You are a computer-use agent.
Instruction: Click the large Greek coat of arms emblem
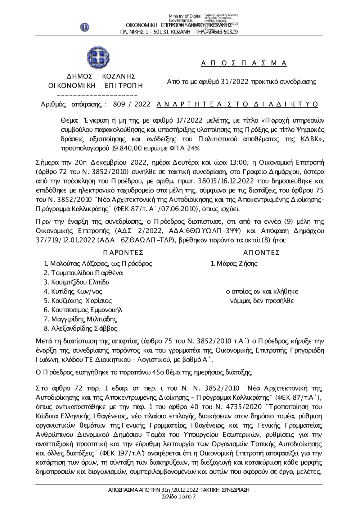click(98, 57)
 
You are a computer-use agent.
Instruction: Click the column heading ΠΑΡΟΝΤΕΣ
click(123, 253)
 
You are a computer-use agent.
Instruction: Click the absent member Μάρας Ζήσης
click(234, 264)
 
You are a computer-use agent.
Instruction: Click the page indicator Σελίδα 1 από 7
click(179, 497)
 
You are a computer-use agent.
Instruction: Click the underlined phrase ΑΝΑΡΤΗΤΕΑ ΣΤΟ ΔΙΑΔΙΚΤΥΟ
click(238, 104)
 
